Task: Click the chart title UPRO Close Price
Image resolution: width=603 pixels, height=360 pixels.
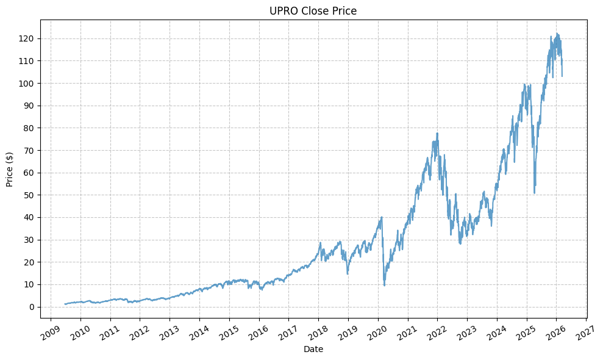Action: [313, 11]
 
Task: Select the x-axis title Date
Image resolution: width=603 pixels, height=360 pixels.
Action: [313, 350]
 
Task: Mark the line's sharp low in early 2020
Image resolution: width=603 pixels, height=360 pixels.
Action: [384, 286]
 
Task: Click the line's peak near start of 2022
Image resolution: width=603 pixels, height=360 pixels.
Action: [437, 133]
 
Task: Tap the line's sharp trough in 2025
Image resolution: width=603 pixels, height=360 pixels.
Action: [534, 193]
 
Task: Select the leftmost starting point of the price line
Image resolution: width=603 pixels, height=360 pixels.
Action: [65, 304]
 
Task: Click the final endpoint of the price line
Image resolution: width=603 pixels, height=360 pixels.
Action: [562, 76]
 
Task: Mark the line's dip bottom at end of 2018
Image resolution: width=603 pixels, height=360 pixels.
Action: [348, 274]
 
